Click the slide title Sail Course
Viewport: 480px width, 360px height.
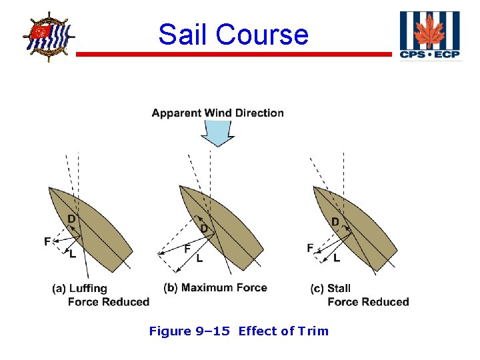tap(233, 34)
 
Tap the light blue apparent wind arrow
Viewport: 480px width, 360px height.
tap(217, 133)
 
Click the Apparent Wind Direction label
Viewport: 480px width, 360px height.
tap(217, 113)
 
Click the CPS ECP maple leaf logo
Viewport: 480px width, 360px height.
tap(430, 35)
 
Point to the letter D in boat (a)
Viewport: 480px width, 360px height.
tap(71, 218)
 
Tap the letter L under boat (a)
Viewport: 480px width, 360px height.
tap(72, 254)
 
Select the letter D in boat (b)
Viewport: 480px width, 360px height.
tap(204, 229)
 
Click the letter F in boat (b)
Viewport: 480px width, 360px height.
tap(187, 248)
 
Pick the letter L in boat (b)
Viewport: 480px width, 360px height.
tap(199, 259)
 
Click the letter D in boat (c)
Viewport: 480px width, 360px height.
tap(335, 221)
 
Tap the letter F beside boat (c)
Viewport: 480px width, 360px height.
tap(310, 248)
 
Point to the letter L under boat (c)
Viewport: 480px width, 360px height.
tap(337, 257)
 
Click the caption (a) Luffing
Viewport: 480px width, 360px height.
tap(79, 288)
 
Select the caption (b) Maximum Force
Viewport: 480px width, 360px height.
tap(215, 287)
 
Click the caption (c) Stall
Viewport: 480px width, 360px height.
tap(330, 288)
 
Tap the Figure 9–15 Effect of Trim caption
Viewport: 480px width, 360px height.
tap(239, 331)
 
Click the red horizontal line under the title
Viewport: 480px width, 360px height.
tap(233, 55)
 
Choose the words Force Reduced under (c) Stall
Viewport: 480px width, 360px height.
tap(368, 302)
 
